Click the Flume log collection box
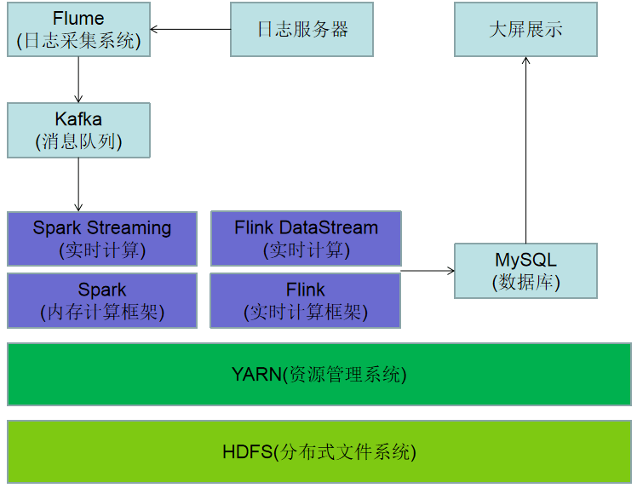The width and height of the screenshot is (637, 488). coord(79,29)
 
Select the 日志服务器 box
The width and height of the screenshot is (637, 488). coord(301,29)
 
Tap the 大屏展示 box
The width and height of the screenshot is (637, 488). coord(525,29)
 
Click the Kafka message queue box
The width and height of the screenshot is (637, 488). coord(79,130)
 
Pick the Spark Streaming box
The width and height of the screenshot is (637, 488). coord(102,239)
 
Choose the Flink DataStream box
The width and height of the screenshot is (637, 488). coord(306,238)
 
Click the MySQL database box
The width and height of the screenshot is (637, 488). coord(525,271)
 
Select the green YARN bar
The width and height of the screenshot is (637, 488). coord(319,374)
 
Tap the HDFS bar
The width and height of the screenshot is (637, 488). coord(319,452)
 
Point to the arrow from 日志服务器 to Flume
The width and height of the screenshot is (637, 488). coord(191,29)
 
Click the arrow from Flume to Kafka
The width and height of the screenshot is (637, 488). coord(78,80)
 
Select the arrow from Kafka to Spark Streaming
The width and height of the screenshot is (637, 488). coord(78,185)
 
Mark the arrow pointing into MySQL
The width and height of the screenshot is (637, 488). coord(428,271)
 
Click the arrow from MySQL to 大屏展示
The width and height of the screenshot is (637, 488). coord(525,150)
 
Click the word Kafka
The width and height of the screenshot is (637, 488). coord(78,119)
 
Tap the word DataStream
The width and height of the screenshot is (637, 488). coord(329,227)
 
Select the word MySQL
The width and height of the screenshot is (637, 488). coord(525,260)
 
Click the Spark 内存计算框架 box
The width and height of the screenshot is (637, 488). coord(102,301)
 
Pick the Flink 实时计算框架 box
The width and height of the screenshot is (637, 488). coord(306,301)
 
